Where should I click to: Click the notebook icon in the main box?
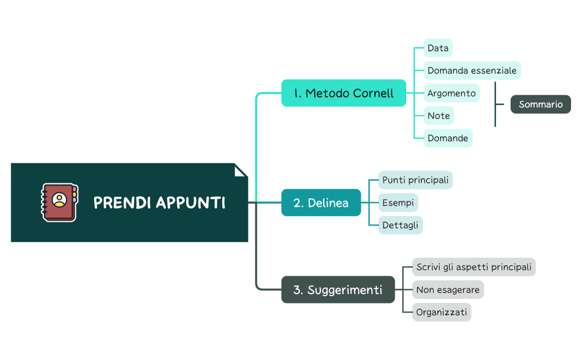59,203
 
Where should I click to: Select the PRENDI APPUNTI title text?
159,203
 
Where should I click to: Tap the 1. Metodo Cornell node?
344,93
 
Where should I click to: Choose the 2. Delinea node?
321,203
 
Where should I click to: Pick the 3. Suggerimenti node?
338,290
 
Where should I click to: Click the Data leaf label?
438,48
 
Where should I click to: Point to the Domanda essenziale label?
472,70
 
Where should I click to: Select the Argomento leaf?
451,93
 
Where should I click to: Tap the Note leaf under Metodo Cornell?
438,116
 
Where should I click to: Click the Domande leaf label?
448,138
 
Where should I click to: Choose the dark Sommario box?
540,104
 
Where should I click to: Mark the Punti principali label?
415,180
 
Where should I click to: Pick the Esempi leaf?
398,203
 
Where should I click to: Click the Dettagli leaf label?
400,225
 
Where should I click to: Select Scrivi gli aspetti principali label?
473,267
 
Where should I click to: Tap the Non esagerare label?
448,290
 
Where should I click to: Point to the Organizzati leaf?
441,312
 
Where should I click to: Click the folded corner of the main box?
240,171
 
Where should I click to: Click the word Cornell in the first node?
373,93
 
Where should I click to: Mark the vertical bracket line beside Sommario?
495,104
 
